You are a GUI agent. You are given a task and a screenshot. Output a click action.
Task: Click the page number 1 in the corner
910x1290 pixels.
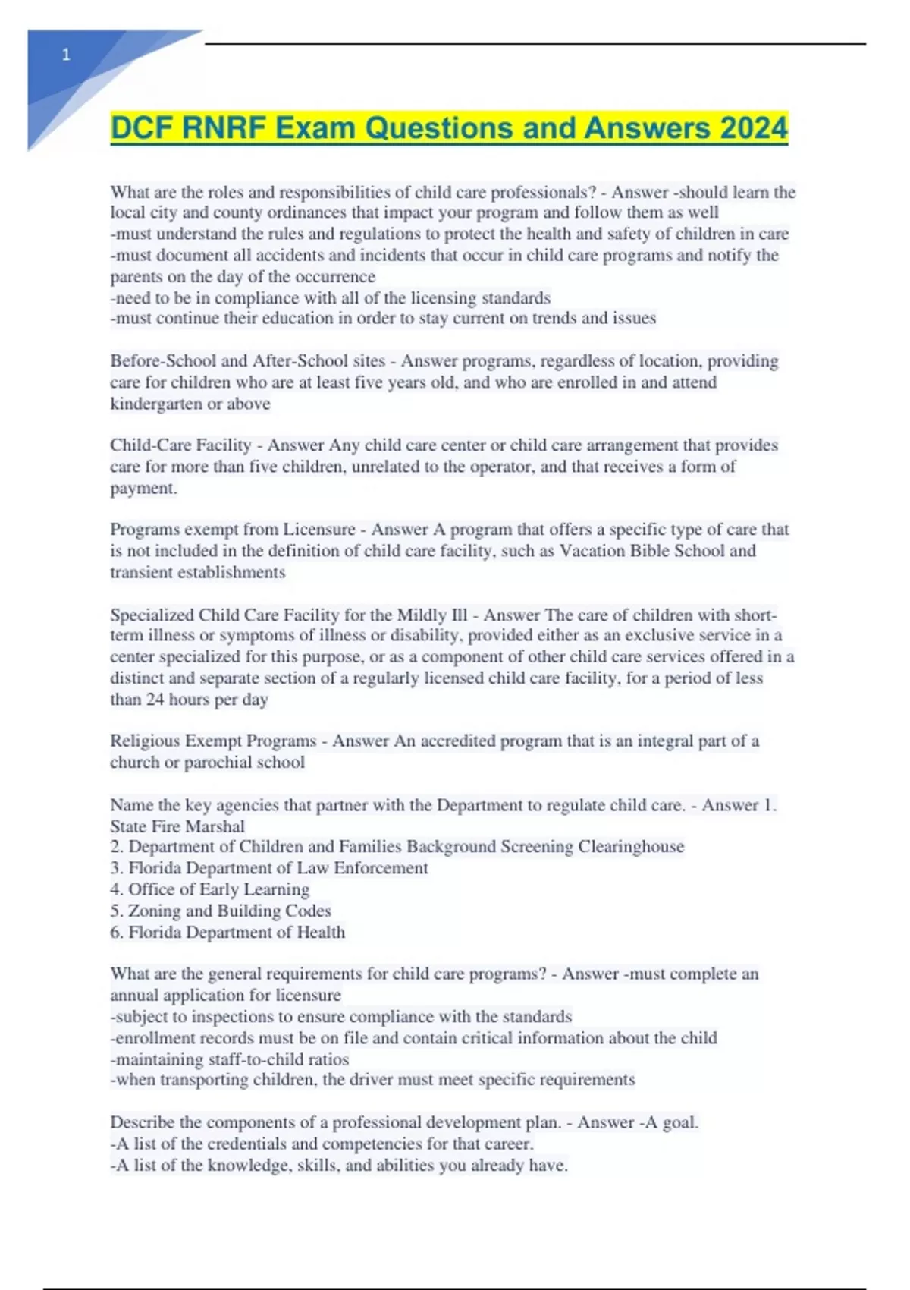click(66, 55)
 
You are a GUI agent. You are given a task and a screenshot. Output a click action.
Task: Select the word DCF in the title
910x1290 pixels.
click(141, 128)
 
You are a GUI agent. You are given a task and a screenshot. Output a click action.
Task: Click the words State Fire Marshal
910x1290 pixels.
click(177, 826)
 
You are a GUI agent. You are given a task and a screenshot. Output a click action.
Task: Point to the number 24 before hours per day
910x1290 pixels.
click(155, 700)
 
